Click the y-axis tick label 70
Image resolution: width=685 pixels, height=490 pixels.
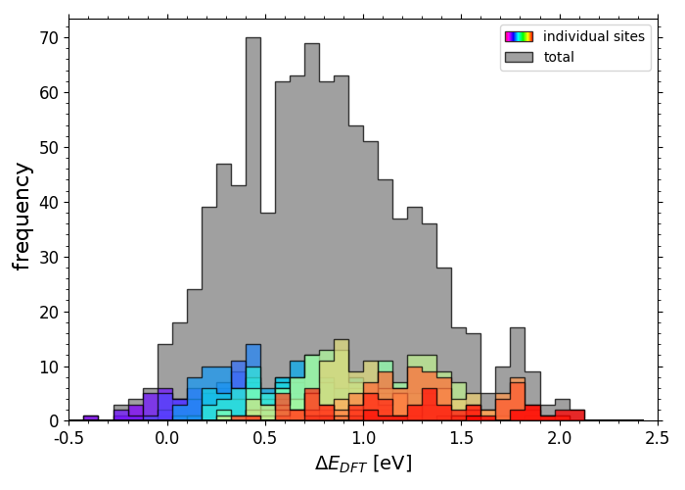(x=49, y=38)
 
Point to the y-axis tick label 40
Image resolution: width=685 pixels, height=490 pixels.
(x=49, y=203)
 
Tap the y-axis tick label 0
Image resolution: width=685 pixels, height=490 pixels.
(x=53, y=421)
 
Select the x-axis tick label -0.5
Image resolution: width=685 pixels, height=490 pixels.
(x=69, y=438)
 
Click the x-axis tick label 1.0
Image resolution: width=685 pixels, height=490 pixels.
(x=363, y=438)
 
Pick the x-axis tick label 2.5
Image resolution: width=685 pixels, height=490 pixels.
(x=658, y=438)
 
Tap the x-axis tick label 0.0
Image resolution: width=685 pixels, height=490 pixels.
(x=167, y=438)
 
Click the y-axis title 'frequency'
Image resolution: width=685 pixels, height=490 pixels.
(x=22, y=217)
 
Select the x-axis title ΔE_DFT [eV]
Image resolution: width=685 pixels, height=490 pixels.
(x=363, y=464)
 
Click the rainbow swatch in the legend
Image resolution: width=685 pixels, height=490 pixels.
(x=519, y=37)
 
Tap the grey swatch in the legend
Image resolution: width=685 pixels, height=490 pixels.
(x=519, y=57)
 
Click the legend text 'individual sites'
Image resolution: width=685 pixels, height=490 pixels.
(x=594, y=36)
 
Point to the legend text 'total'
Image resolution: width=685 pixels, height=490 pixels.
(x=559, y=57)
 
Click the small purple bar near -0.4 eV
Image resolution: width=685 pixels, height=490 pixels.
(x=91, y=417)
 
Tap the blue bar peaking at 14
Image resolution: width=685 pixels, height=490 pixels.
(x=253, y=355)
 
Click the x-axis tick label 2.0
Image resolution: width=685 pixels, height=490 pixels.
(x=560, y=438)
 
